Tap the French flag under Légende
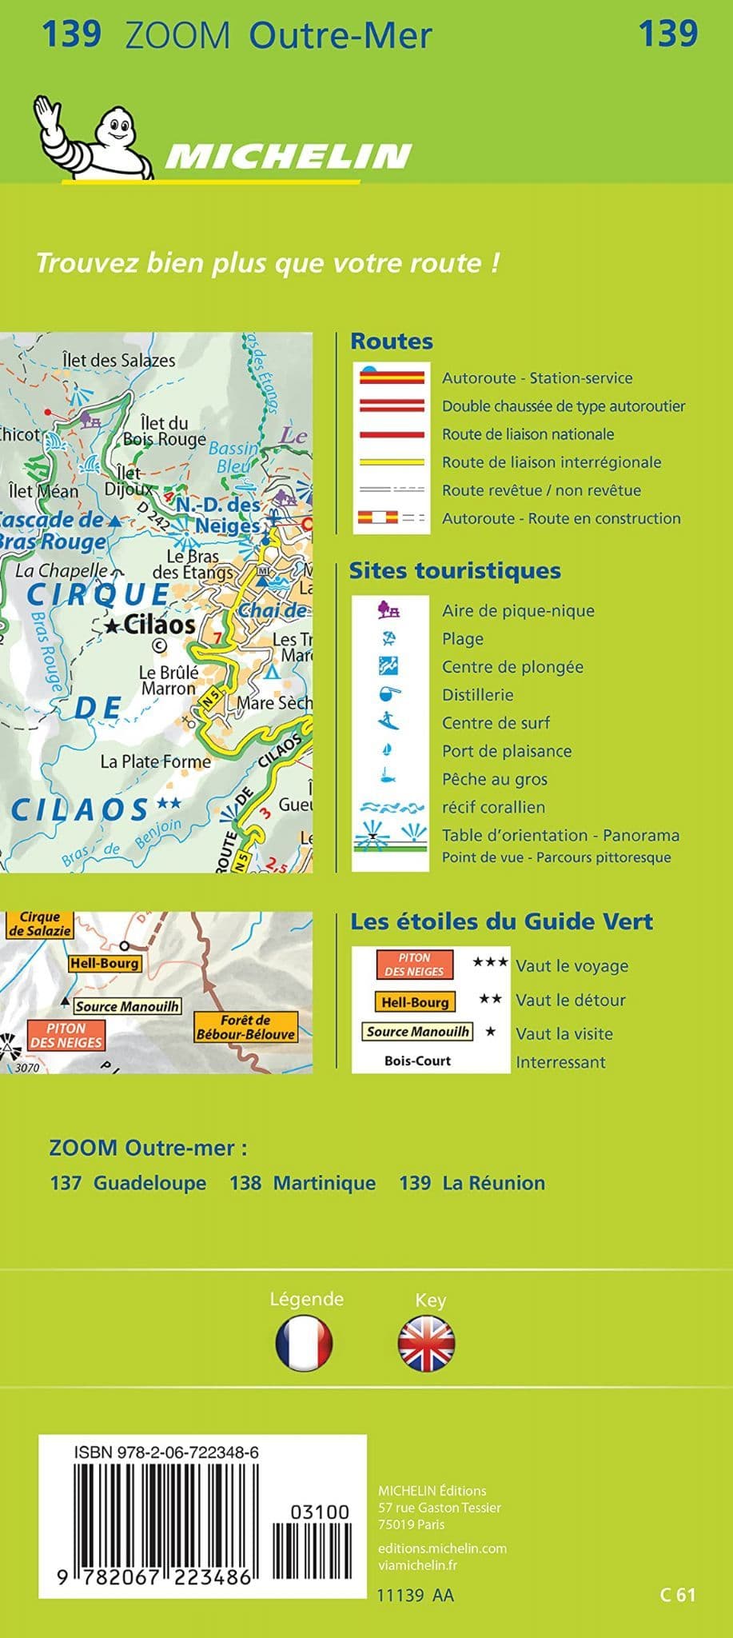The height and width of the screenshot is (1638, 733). pyautogui.click(x=304, y=1343)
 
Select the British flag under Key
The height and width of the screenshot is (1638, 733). pyautogui.click(x=426, y=1343)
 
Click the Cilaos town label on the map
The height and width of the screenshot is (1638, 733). pyautogui.click(x=158, y=625)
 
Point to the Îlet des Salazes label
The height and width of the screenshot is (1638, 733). pyautogui.click(x=119, y=360)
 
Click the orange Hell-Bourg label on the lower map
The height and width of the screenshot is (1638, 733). pyautogui.click(x=104, y=964)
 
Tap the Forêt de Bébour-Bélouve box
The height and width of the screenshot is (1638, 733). pyautogui.click(x=245, y=1027)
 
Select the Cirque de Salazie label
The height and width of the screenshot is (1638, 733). pyautogui.click(x=39, y=925)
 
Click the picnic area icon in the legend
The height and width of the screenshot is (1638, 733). pyautogui.click(x=389, y=610)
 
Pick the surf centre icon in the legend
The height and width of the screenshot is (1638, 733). pyautogui.click(x=389, y=721)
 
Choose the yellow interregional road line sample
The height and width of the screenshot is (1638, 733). pyautogui.click(x=392, y=462)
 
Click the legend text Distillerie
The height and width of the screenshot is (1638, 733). pyautogui.click(x=477, y=695)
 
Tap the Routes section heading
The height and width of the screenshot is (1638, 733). pyautogui.click(x=392, y=342)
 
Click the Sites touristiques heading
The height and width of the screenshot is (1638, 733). pyautogui.click(x=455, y=571)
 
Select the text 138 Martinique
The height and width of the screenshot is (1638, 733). pyautogui.click(x=302, y=1183)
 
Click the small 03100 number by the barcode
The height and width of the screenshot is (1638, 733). pyautogui.click(x=320, y=1512)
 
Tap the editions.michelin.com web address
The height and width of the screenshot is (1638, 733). pyautogui.click(x=442, y=1548)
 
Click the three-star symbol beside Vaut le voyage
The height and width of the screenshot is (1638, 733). pyautogui.click(x=490, y=962)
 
